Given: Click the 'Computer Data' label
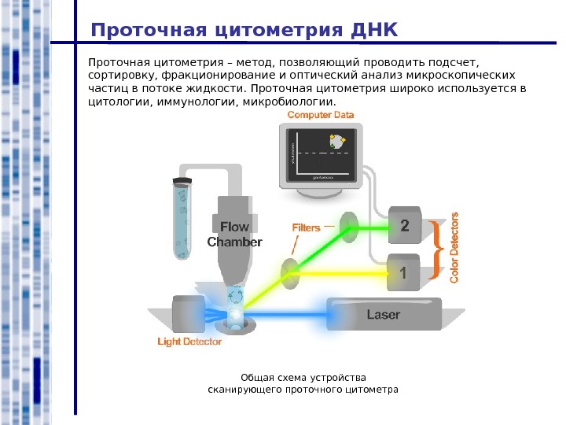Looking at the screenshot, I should click(321, 115).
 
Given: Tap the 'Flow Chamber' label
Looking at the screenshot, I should click(234, 235).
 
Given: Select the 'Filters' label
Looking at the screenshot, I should click(307, 227).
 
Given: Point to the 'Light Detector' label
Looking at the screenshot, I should click(189, 342).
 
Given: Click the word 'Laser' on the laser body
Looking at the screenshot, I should click(384, 315).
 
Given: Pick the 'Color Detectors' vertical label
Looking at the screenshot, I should click(454, 246).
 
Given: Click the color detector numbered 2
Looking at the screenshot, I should click(405, 226).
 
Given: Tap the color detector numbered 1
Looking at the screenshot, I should click(404, 274).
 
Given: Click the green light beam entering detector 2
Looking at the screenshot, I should click(369, 228).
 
